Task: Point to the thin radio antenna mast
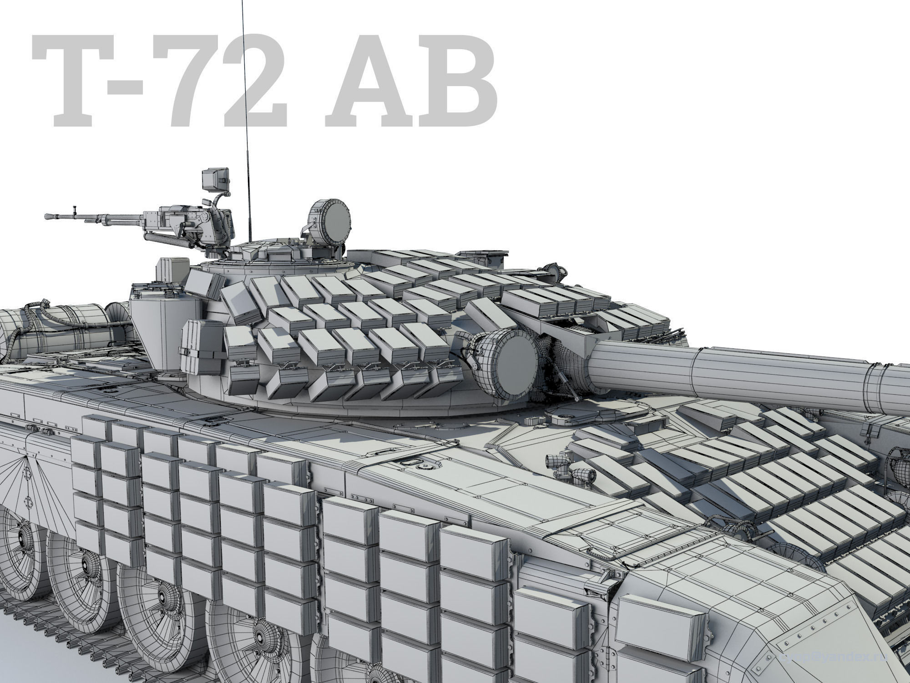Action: coord(246,114)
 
